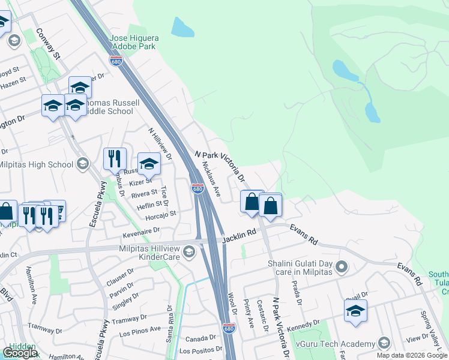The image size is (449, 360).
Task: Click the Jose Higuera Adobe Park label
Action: point(133,42)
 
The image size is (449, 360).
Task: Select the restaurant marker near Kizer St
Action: point(115,160)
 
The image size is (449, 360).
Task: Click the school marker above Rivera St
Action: point(149,164)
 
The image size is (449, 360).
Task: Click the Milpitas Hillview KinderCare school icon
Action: point(190,251)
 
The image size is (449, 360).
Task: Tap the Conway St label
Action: point(49,43)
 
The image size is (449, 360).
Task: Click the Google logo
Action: point(20,353)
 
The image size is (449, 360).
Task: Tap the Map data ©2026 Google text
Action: point(411,355)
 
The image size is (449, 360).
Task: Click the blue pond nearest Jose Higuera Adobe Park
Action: point(180,27)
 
